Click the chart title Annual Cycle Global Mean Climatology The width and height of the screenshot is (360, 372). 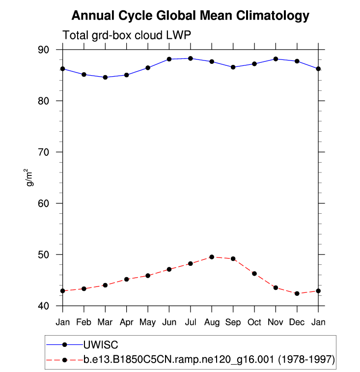tap(191, 16)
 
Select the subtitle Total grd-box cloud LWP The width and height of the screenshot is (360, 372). tap(126, 35)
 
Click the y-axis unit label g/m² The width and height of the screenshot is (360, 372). tap(30, 177)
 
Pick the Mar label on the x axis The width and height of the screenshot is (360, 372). tap(105, 322)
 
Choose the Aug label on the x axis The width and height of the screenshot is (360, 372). tap(212, 322)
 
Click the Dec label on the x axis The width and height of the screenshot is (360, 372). tap(297, 322)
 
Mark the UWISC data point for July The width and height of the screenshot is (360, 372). tap(191, 58)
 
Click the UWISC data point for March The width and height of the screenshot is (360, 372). tap(105, 77)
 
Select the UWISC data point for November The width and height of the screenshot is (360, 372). tap(276, 59)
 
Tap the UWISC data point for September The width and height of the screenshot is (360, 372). tap(233, 67)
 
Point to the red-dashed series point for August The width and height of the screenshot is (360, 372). tap(212, 257)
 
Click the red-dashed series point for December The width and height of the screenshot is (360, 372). tap(297, 293)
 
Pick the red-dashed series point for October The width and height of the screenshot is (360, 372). tap(254, 273)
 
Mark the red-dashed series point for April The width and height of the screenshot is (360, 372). tap(127, 279)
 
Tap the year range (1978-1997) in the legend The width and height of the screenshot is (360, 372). tap(306, 360)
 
